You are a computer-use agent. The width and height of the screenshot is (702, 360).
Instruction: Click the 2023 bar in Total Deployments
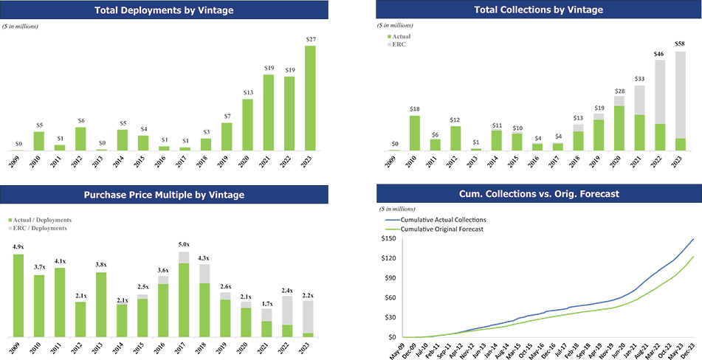[310, 98]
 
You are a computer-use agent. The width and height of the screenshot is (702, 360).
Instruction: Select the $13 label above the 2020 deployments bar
[248, 92]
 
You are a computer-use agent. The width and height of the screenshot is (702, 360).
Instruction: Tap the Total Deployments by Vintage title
[165, 10]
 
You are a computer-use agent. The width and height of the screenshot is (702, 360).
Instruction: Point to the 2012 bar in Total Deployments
[81, 139]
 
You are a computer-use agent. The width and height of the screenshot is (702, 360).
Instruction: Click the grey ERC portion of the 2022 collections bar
[660, 92]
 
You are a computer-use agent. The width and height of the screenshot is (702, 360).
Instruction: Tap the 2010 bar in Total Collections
[415, 133]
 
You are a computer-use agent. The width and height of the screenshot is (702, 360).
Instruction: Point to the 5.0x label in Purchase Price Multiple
[184, 245]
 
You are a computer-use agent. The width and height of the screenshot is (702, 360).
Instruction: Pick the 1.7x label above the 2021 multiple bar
[266, 303]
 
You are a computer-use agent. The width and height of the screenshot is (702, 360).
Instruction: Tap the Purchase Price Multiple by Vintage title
[165, 195]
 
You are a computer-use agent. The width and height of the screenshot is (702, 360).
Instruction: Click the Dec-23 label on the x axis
[692, 349]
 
